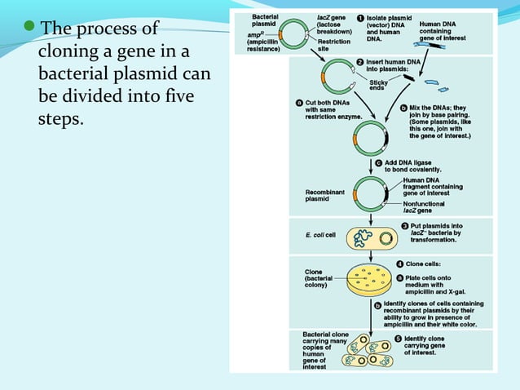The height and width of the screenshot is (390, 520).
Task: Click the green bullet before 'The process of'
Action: (31, 29)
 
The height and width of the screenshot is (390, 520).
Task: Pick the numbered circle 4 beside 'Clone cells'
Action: (400, 264)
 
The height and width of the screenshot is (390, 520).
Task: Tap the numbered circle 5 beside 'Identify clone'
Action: (399, 338)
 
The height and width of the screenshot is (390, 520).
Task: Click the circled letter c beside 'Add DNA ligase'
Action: (379, 162)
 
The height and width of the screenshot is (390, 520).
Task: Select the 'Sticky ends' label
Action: (379, 85)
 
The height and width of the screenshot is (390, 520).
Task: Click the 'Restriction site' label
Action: (334, 44)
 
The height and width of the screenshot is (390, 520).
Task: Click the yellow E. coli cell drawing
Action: (370, 237)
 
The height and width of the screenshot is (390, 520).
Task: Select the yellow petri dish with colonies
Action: (371, 280)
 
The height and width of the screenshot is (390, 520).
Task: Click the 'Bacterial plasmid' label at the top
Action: (267, 20)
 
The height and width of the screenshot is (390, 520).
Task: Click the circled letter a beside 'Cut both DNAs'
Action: (299, 104)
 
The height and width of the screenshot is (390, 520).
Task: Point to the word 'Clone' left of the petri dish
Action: (313, 272)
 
